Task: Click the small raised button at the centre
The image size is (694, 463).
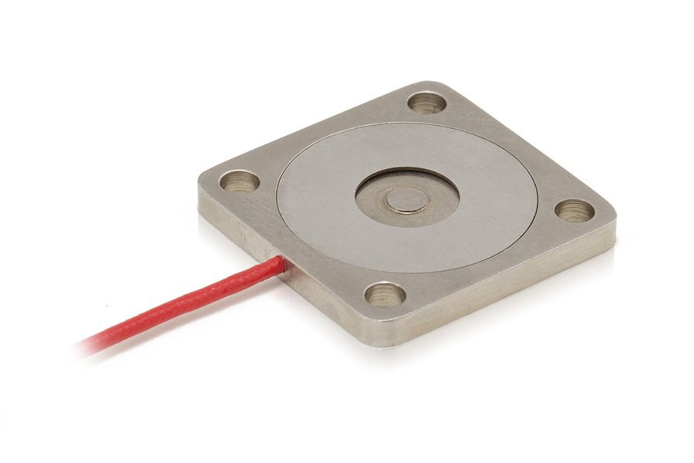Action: (x=407, y=201)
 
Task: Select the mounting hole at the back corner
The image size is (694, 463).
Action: (x=426, y=102)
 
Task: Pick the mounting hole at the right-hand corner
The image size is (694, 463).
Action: (x=574, y=210)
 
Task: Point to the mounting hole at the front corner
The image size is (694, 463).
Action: (x=385, y=293)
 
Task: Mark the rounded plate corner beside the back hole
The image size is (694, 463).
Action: (x=441, y=85)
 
